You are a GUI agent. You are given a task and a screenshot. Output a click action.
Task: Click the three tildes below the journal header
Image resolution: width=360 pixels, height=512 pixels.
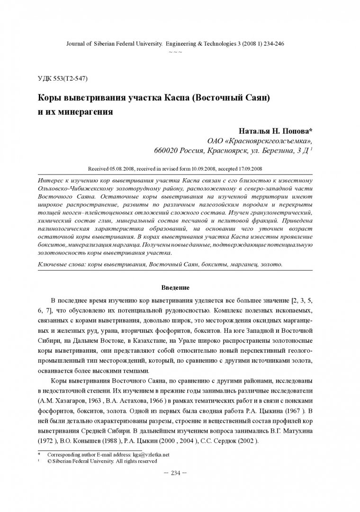(175, 51)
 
